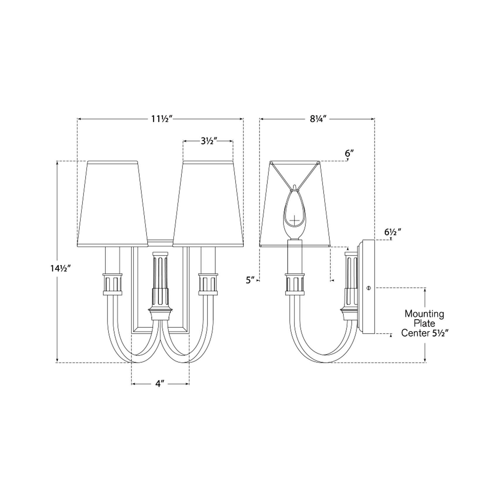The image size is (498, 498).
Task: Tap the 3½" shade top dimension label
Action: [x=209, y=141]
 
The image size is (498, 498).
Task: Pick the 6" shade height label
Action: [x=349, y=153]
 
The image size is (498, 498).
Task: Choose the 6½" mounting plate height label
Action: [x=392, y=232]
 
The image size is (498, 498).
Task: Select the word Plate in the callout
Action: [x=424, y=323]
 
